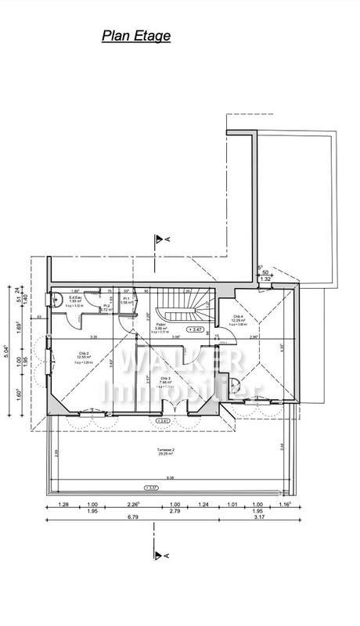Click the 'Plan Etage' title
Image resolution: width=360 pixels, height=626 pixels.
tap(135, 35)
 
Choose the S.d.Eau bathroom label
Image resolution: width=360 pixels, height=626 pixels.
tap(77, 298)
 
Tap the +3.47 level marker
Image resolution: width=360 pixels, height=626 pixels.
tap(196, 330)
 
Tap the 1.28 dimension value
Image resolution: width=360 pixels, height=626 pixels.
tap(63, 505)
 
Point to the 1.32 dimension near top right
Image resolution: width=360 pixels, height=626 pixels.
tap(265, 279)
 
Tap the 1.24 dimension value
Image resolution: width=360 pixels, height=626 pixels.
tap(203, 505)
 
